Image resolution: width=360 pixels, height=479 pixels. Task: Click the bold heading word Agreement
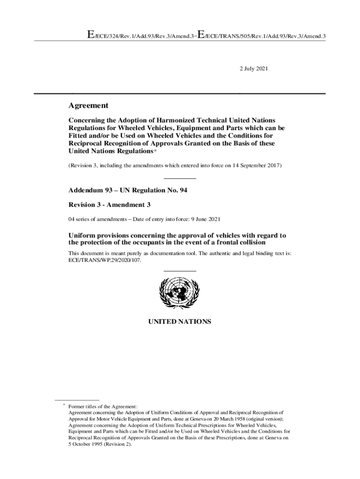click(88, 106)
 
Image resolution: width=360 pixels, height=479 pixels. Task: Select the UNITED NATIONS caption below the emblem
click(180, 322)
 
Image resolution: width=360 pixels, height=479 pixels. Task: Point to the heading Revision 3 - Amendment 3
click(109, 205)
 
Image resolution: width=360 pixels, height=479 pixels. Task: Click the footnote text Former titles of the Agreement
click(103, 407)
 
